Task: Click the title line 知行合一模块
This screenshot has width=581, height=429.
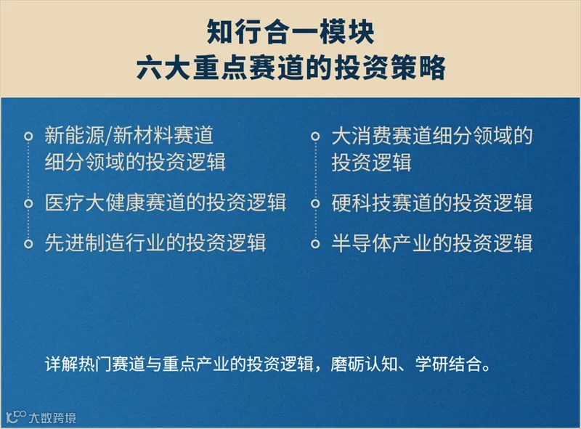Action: click(x=290, y=32)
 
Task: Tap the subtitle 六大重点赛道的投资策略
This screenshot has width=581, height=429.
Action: click(x=291, y=68)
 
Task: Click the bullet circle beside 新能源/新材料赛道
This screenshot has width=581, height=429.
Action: click(x=28, y=136)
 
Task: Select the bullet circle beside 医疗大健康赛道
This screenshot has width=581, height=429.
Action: click(x=28, y=203)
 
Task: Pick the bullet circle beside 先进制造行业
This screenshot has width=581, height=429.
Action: click(x=28, y=244)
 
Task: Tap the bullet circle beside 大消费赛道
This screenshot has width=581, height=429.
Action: click(x=315, y=136)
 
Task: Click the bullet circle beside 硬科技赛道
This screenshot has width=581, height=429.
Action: click(x=315, y=203)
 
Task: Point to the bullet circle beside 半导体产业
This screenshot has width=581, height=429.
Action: click(x=315, y=244)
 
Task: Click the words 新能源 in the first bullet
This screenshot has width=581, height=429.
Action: click(x=75, y=135)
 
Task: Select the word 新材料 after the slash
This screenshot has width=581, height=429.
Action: click(x=143, y=135)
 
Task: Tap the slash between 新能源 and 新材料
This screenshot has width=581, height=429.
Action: click(x=109, y=135)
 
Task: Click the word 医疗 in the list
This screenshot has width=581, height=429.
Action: click(x=65, y=203)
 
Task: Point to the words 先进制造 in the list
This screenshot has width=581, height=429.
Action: click(x=84, y=242)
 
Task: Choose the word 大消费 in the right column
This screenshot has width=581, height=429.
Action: click(x=362, y=136)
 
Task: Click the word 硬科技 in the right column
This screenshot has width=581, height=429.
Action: click(x=362, y=203)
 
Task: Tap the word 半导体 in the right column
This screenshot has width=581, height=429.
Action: click(x=362, y=242)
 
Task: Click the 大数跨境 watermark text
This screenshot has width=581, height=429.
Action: click(x=52, y=418)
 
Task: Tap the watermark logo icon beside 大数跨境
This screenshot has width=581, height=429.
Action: click(x=16, y=417)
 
